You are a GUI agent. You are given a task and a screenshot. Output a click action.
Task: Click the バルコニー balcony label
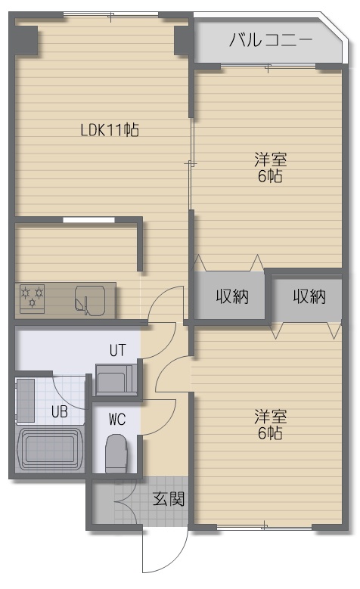point(271,40)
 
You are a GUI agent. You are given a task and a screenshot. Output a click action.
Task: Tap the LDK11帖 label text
point(110,130)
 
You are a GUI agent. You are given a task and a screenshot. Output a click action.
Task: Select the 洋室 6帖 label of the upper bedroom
point(270,168)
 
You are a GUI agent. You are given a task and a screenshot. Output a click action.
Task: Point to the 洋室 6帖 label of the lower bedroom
point(270,424)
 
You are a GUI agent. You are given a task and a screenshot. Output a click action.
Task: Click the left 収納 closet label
point(232,296)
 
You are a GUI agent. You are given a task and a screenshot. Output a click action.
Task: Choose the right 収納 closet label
point(309,296)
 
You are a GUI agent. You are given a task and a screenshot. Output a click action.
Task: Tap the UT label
point(118,350)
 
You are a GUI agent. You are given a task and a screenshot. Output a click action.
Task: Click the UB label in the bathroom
point(60,412)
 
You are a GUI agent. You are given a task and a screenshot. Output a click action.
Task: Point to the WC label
point(117,420)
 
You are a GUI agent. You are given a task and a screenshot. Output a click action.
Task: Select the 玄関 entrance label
point(169,498)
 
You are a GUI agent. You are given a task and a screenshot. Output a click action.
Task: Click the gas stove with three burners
point(32,298)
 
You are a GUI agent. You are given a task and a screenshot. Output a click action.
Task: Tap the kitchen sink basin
point(90,299)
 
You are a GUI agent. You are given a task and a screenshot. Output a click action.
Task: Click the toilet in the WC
point(116,454)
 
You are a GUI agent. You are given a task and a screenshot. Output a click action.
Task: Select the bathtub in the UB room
point(50,448)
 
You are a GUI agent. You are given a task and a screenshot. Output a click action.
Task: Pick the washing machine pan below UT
point(116,379)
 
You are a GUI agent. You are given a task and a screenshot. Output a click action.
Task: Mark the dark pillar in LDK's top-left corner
point(26,39)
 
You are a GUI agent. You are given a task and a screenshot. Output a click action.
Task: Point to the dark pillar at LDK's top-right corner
point(183,39)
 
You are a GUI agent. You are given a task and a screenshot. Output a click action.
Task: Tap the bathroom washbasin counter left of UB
point(26,401)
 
